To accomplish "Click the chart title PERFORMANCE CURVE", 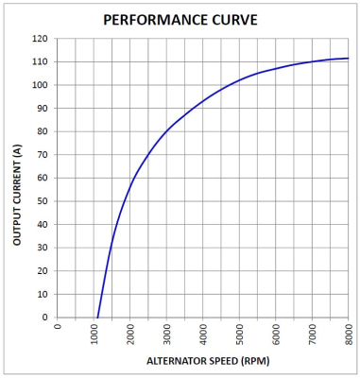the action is pos(180,20).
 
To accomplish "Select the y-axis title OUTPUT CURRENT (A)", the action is pos(17,195).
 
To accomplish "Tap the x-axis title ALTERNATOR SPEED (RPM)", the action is pos(208,361).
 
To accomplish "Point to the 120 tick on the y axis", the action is pos(40,39).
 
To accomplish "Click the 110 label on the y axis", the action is pos(40,61).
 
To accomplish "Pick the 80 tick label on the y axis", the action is pos(43,131).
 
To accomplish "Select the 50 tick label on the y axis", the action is pos(43,201).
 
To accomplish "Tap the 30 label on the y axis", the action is pos(43,248).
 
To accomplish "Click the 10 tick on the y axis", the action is pos(43,294).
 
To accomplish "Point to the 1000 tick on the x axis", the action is pos(94,334).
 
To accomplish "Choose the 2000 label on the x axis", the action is pos(130,334).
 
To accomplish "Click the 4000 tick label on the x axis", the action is pos(203,334).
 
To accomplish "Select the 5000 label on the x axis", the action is pos(240,334).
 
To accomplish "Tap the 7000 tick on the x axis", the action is pos(313,334).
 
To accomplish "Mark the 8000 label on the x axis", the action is pos(349,334).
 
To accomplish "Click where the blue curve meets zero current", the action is pos(97,318).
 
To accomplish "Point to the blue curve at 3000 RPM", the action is pos(166,130).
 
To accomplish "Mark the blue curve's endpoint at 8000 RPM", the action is pos(349,59).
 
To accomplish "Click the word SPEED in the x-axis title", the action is pos(220,361).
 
